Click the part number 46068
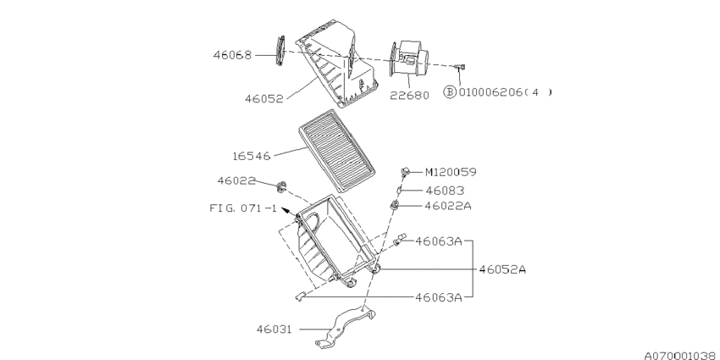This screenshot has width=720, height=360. [231, 55]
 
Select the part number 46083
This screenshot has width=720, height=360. [444, 191]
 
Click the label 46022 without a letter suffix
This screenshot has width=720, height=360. [236, 180]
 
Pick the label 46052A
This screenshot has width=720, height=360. [502, 269]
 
